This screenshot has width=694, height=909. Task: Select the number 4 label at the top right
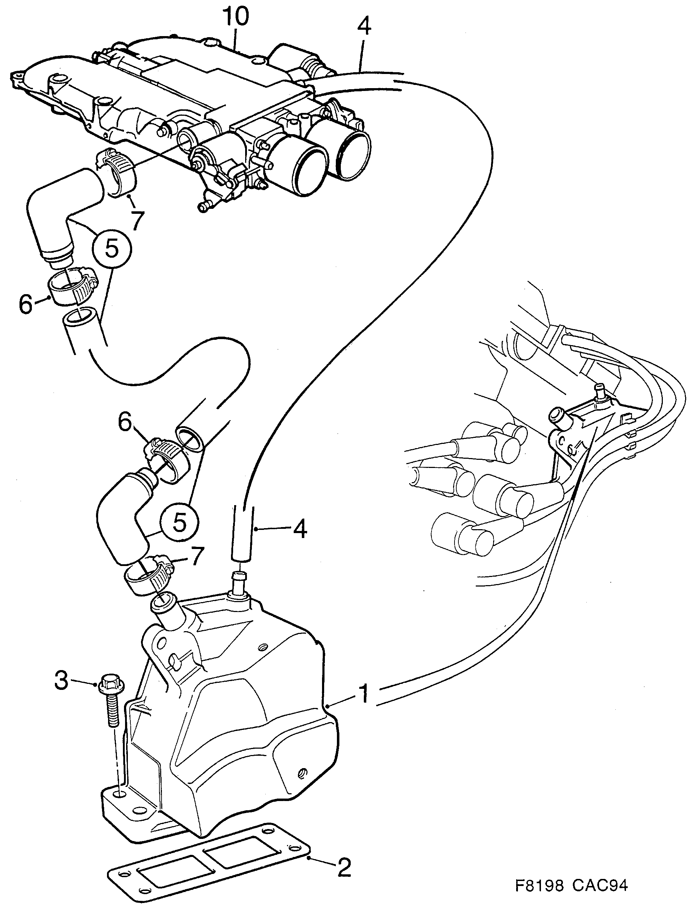point(363,27)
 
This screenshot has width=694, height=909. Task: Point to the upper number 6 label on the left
point(26,304)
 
